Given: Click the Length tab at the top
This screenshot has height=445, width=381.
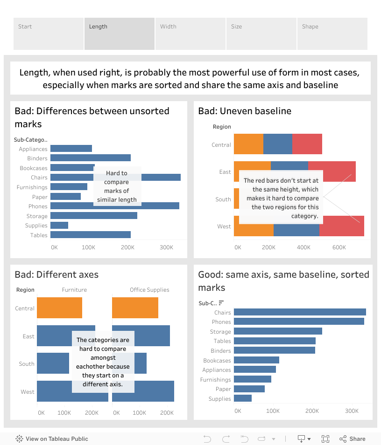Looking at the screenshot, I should click(119, 34).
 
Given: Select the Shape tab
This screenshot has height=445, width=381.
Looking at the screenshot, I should click(332, 34).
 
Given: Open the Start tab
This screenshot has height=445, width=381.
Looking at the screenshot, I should click(49, 34).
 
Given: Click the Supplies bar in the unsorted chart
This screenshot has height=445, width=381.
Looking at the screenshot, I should click(59, 226).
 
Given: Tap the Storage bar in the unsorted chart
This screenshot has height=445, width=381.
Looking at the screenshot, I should click(93, 216).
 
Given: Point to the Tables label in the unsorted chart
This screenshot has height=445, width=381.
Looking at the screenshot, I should click(39, 235).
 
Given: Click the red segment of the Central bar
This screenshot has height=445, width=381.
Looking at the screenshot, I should click(307, 144).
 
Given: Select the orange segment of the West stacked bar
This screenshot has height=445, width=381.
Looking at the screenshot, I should click(254, 226).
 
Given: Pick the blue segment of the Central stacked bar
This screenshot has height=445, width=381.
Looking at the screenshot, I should click(278, 144).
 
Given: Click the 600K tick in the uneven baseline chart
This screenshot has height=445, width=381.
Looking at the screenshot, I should click(339, 247).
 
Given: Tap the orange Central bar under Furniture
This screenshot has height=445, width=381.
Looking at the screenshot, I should click(59, 308).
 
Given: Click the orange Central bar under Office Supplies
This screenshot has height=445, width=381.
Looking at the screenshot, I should click(135, 308).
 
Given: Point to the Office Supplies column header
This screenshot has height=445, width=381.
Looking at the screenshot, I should click(149, 290).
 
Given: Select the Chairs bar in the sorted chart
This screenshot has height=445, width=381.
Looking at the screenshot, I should click(300, 312).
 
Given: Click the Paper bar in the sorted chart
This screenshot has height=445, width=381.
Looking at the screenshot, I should click(249, 389).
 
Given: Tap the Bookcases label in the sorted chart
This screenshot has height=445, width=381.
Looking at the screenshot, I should click(217, 361).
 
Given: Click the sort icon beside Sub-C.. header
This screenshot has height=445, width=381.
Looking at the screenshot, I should click(221, 303).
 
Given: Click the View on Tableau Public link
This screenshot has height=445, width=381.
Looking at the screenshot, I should click(52, 439).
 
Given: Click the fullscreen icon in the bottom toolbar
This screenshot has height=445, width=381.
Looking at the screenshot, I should click(325, 439).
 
